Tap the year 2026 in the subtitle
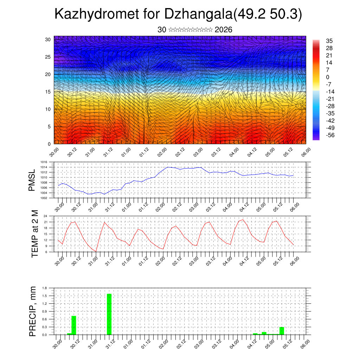(223, 30)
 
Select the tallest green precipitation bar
(109, 314)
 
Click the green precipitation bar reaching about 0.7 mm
(74, 325)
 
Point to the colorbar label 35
(329, 41)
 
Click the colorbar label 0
(328, 77)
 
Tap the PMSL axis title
(32, 181)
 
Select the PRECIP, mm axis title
(33, 311)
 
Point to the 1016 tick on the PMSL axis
(44, 162)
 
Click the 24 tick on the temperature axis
(46, 216)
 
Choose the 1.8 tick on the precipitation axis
(45, 288)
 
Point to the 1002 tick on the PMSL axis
(44, 198)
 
